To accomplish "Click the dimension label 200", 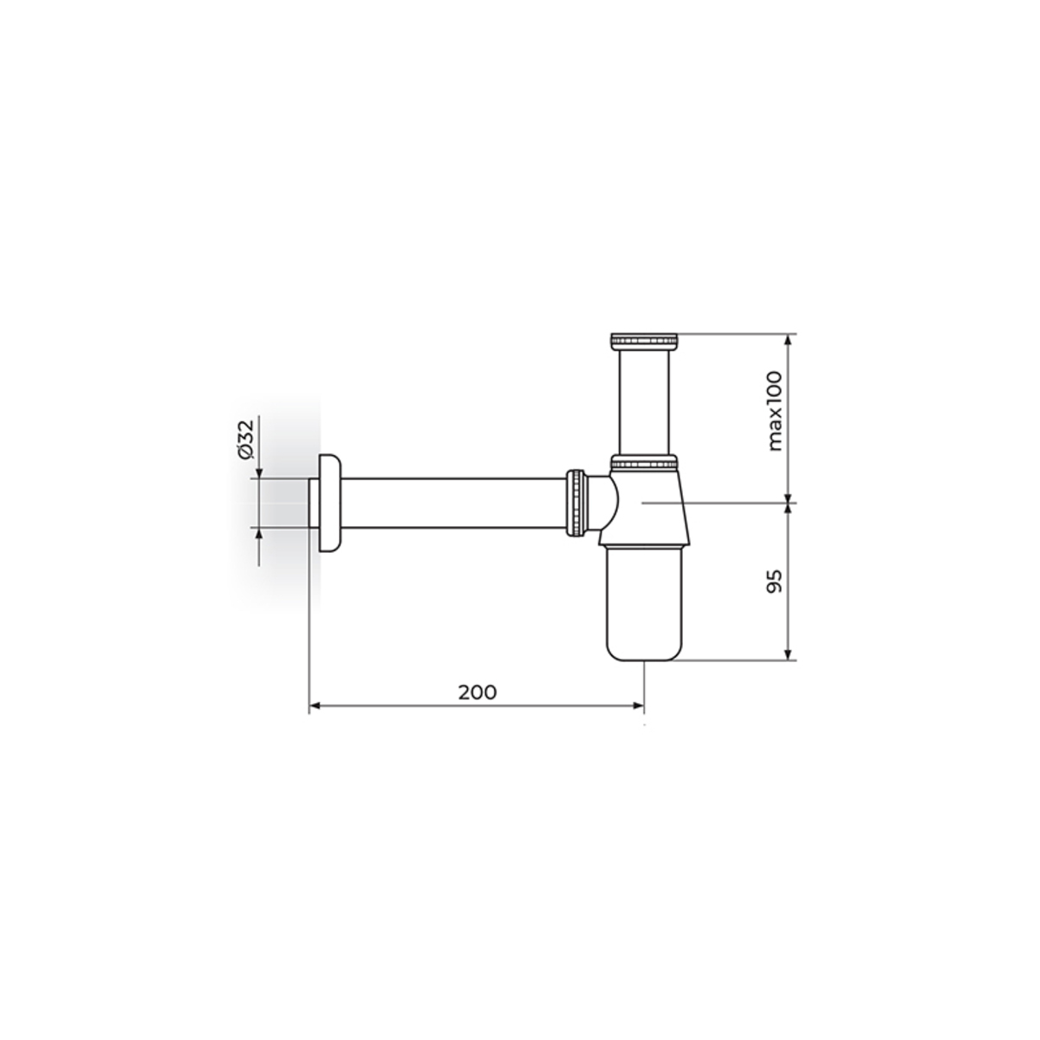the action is tap(477, 692).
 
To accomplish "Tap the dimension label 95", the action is tap(774, 582).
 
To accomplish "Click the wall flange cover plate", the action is tap(330, 503).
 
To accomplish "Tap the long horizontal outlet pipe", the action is tap(454, 503).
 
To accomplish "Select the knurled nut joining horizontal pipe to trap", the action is tap(576, 504).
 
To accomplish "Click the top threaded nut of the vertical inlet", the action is tap(645, 341).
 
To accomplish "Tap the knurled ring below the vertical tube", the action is tap(645, 461).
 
